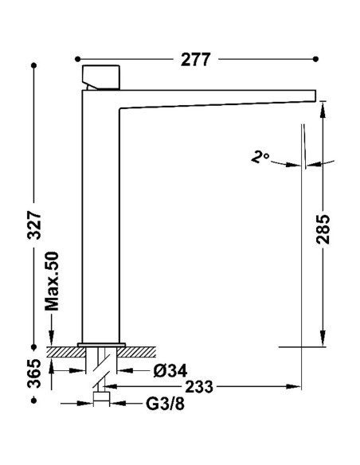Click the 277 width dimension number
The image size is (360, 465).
tap(195, 59)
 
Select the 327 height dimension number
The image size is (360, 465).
tap(34, 225)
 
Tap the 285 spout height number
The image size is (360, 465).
tap(323, 229)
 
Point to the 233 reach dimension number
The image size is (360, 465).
tap(199, 387)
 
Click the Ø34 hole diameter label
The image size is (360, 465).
tap(170, 371)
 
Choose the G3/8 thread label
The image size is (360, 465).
tap(165, 404)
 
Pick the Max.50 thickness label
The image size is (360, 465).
tap(52, 281)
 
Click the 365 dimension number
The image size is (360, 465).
tap(34, 373)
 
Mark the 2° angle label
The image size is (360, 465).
tap(260, 156)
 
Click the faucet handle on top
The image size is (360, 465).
tap(101, 77)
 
